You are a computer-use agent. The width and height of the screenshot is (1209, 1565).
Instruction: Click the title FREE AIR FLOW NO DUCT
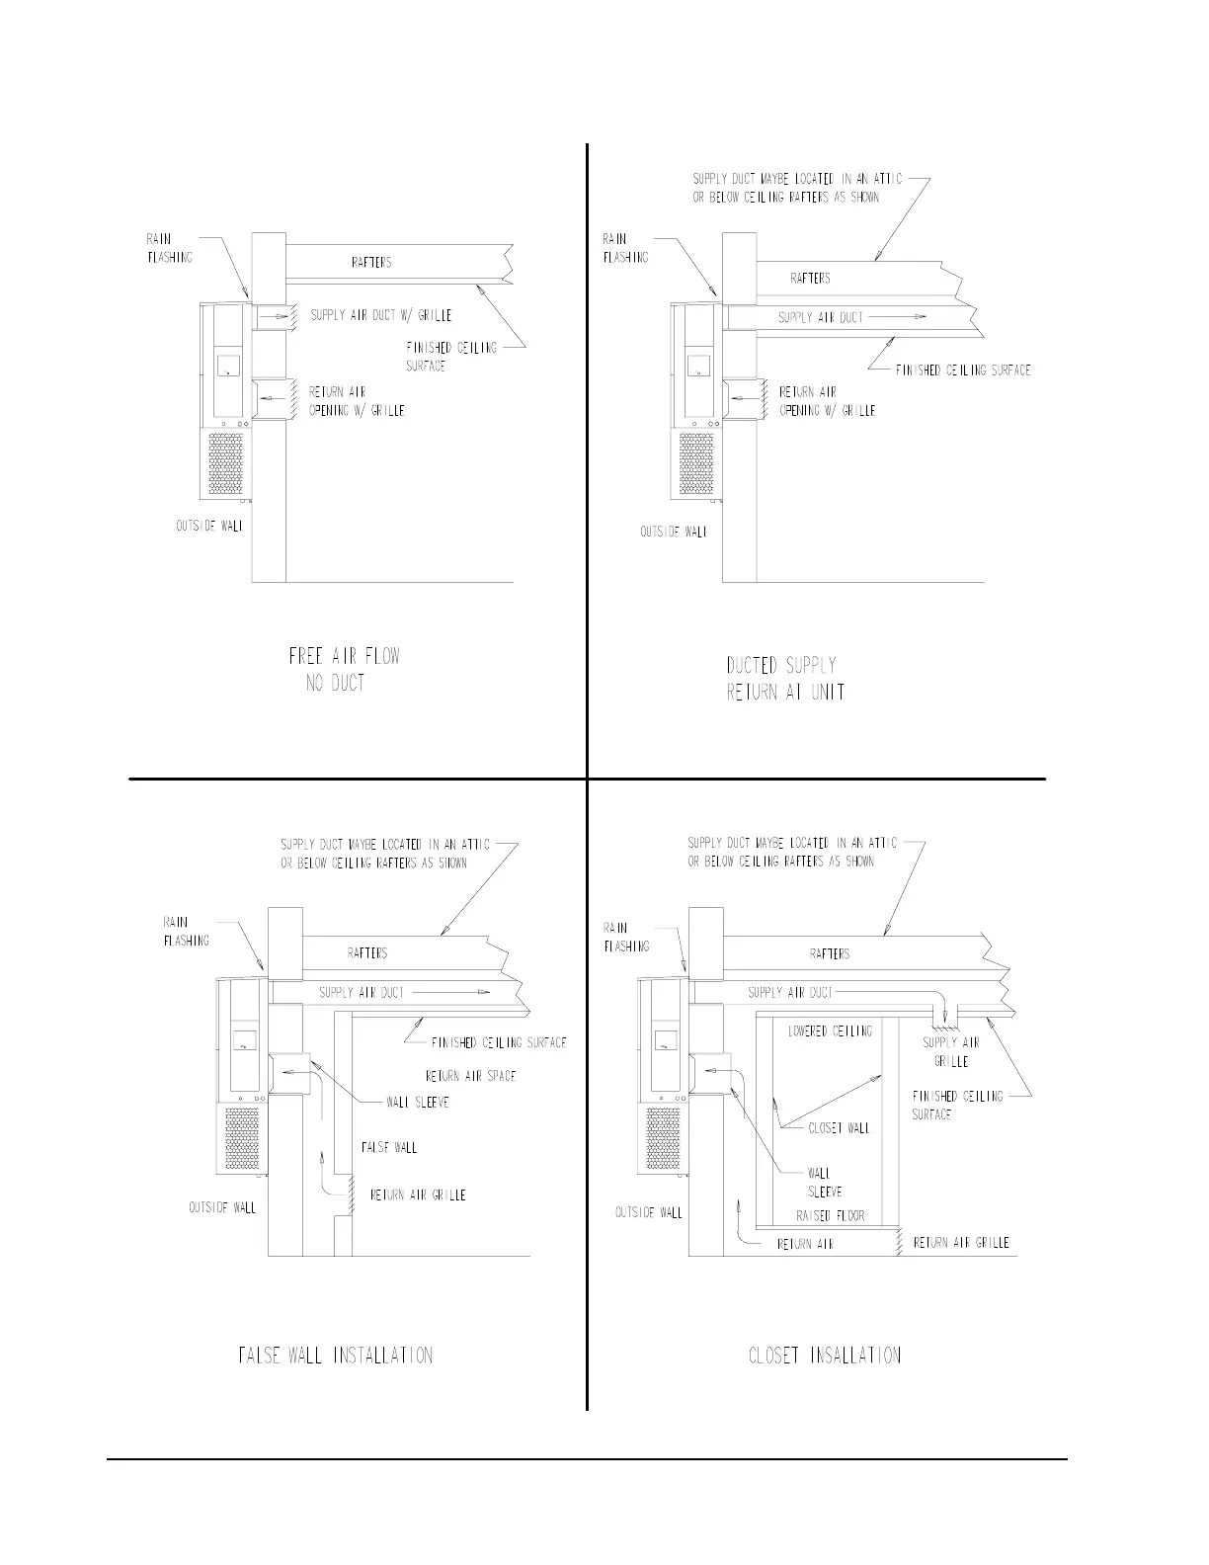(x=343, y=669)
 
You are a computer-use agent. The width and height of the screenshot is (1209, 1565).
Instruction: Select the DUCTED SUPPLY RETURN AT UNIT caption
(x=785, y=678)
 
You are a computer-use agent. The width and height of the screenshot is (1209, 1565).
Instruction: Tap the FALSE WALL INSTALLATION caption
(x=335, y=1355)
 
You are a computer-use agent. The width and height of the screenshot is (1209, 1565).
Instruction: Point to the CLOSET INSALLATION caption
(x=825, y=1355)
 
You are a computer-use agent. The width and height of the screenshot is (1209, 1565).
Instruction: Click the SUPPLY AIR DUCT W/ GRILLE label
(x=381, y=315)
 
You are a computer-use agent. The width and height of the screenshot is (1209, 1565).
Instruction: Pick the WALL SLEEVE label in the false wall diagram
(x=418, y=1102)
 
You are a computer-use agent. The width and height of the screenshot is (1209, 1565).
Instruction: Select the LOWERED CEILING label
(x=830, y=1030)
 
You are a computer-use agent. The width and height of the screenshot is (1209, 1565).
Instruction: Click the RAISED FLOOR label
(x=830, y=1215)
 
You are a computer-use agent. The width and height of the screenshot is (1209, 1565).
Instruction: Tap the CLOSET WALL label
(x=839, y=1127)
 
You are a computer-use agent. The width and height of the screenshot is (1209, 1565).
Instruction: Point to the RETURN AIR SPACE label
(x=470, y=1076)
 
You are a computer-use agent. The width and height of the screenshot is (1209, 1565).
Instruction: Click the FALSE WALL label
(x=388, y=1147)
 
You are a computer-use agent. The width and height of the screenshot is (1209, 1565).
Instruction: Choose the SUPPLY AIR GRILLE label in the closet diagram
(x=950, y=1051)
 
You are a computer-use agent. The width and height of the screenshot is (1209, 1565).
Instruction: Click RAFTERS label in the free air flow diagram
(x=371, y=262)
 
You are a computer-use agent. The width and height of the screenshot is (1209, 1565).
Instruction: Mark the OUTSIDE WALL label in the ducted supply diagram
(x=674, y=532)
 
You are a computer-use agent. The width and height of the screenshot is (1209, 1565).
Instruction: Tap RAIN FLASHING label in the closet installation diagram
(x=626, y=937)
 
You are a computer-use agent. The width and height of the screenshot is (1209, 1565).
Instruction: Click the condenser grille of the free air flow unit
(x=226, y=462)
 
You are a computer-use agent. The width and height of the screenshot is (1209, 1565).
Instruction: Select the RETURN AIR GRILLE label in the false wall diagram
(x=417, y=1194)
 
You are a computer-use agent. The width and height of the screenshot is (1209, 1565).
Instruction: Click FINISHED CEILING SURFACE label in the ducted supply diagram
(x=962, y=370)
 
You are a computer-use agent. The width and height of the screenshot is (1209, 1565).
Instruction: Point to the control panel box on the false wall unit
(x=244, y=1040)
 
